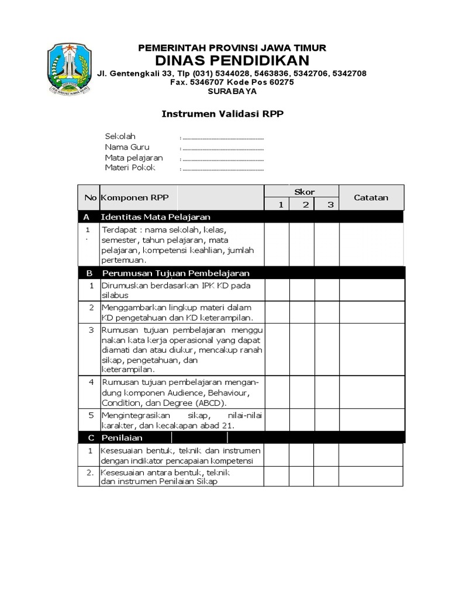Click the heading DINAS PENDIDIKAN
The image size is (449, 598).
[232, 61]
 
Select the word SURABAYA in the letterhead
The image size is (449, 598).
[232, 91]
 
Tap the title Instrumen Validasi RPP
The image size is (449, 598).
[222, 114]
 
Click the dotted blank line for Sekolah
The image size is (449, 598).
[223, 138]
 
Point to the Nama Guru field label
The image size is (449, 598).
[127, 147]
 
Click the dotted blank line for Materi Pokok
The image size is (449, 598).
[223, 169]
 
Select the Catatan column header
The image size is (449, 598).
[371, 197]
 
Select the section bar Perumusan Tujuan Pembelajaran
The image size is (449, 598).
[175, 273]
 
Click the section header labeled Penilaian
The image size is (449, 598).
[122, 437]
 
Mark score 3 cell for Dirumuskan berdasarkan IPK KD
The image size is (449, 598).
[327, 290]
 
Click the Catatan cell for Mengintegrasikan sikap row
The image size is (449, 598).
[371, 420]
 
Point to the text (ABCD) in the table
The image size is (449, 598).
[212, 403]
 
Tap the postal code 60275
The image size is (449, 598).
[281, 82]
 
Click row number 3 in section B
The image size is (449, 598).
[91, 330]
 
